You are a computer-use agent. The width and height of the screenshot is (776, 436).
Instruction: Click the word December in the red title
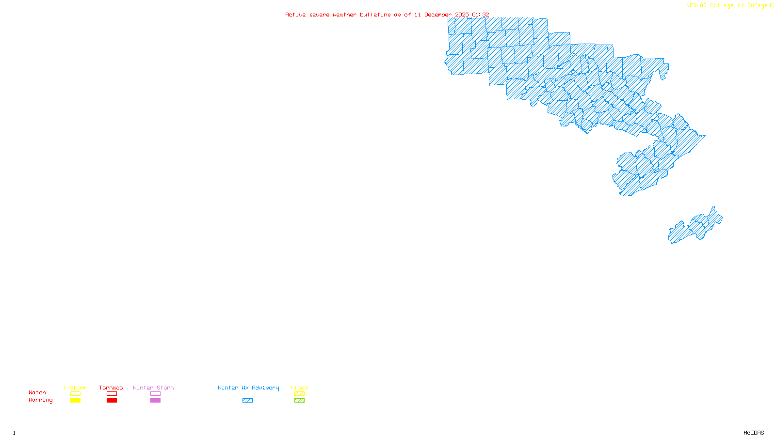(438, 15)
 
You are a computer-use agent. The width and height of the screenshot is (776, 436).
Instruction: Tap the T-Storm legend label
(75, 388)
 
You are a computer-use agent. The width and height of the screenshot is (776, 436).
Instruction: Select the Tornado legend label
(111, 388)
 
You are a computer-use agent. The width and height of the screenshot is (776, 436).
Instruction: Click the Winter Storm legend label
(153, 388)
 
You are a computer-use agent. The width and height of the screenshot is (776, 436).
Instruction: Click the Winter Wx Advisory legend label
(248, 388)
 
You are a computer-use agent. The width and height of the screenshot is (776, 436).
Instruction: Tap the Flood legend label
(299, 388)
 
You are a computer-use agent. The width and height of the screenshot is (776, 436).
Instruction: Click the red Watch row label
(37, 392)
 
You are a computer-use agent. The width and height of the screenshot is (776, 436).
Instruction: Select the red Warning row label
(41, 400)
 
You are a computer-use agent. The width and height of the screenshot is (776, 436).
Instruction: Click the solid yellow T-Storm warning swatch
(75, 401)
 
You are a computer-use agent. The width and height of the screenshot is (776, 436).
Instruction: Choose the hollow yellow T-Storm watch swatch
(75, 394)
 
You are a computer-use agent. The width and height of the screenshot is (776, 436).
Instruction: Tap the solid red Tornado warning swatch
(112, 401)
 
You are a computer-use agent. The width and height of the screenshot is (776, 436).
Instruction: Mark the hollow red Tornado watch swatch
(112, 394)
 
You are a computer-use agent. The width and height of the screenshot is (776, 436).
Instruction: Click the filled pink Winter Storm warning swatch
(155, 401)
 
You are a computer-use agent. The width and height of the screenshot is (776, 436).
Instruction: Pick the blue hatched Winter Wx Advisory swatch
(247, 401)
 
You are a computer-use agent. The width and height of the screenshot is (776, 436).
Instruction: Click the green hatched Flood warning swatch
(299, 401)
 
